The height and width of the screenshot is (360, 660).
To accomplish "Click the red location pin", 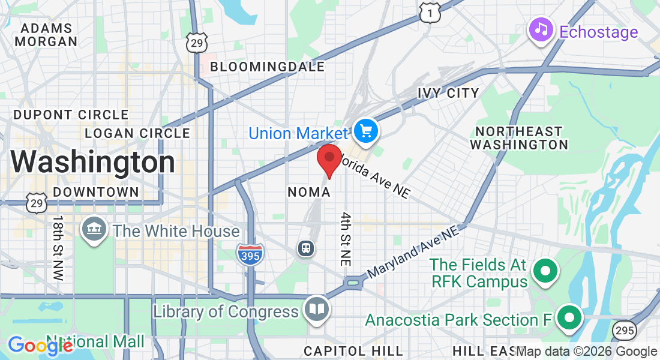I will [329, 158].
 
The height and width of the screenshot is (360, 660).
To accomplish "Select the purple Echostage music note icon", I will [541, 29].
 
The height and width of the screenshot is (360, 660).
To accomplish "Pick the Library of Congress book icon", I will [316, 309].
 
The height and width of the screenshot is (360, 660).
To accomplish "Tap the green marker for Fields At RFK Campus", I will [545, 271].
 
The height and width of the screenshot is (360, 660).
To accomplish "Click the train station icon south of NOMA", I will [306, 248].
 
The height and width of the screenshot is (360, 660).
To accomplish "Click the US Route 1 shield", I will [430, 12].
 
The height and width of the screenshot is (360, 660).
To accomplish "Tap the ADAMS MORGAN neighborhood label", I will [46, 35].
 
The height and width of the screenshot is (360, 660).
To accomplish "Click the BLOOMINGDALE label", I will [267, 67].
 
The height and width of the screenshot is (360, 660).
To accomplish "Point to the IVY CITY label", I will [448, 93].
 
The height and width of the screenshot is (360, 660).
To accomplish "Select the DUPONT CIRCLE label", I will [71, 115].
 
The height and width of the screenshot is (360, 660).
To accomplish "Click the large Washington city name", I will [92, 162].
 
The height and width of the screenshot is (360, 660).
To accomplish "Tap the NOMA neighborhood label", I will [309, 192].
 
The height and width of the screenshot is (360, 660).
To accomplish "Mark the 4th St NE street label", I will [346, 239].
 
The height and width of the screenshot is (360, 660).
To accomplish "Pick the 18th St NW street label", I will [58, 248].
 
